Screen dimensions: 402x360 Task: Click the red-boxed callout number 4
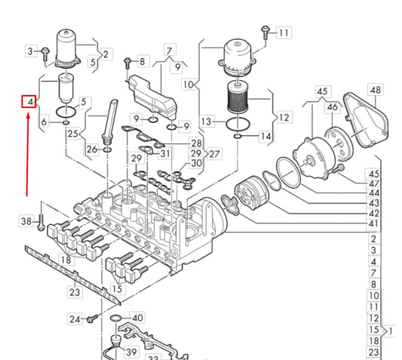tap(29, 102)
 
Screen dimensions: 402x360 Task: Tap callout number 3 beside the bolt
tap(31, 51)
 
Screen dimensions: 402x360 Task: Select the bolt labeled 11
tap(265, 32)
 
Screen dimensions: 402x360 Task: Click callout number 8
tap(143, 61)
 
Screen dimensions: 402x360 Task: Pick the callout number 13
tap(207, 122)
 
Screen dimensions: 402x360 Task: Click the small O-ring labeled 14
tap(238, 136)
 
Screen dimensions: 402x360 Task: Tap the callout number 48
tap(376, 90)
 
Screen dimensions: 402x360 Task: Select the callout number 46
tap(333, 107)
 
